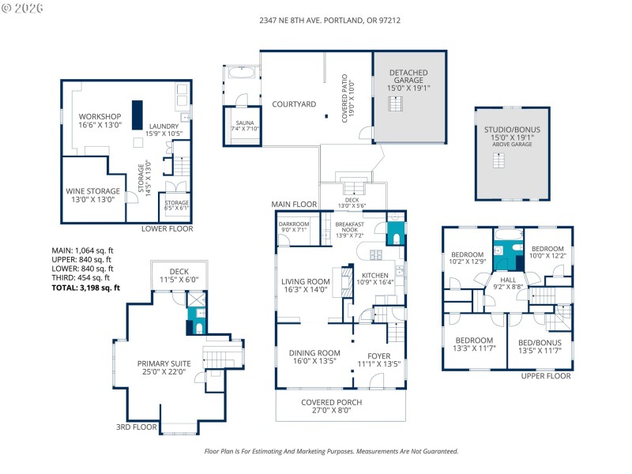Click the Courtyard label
coord(294,104)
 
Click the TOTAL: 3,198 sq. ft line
coord(85,288)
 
